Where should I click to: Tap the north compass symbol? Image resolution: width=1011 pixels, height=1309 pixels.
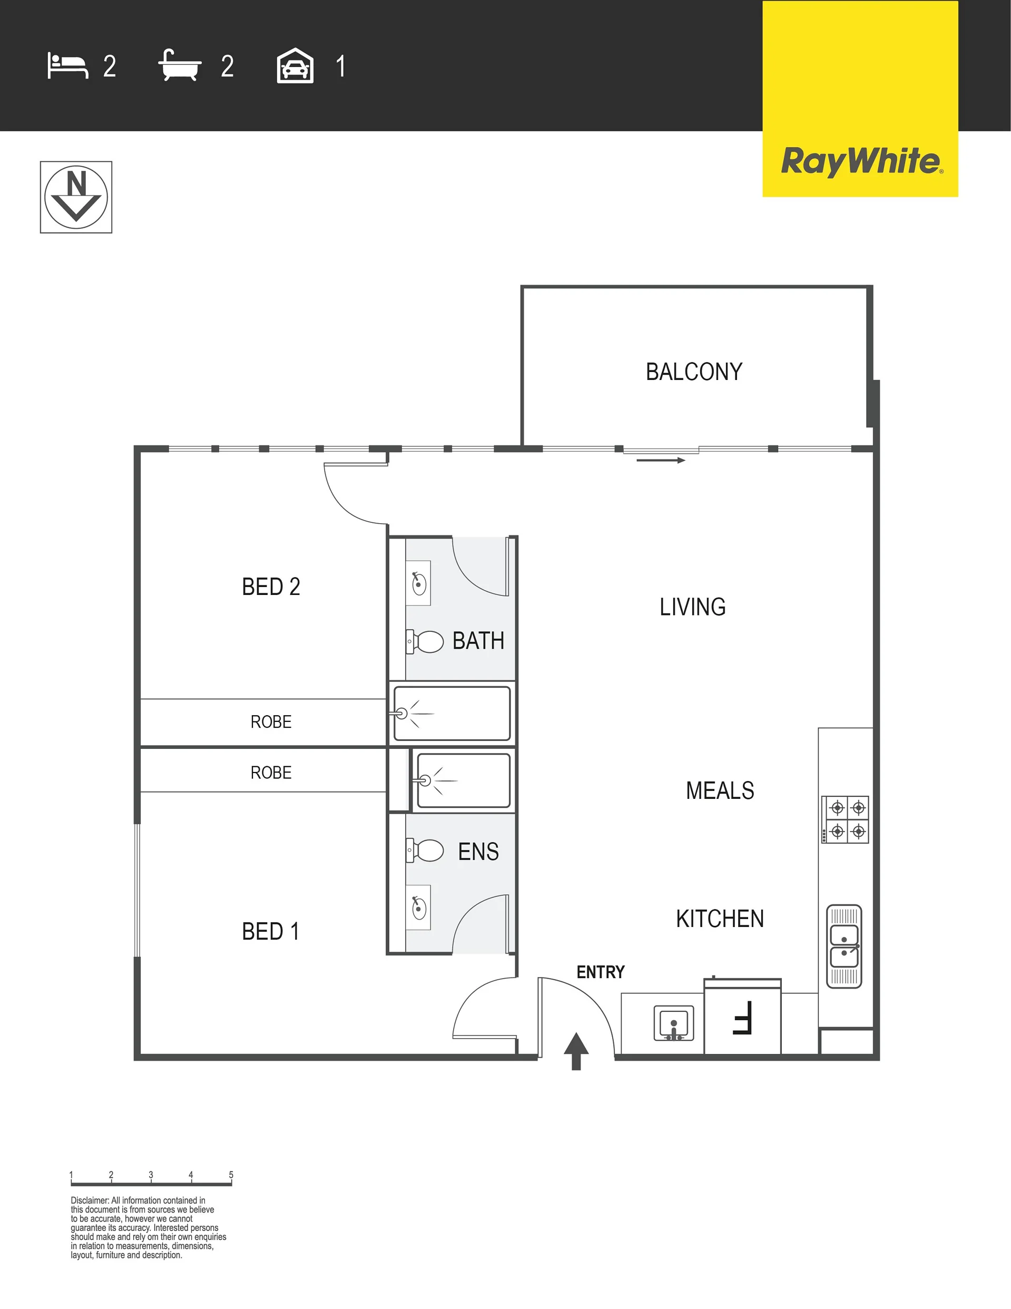pyautogui.click(x=76, y=197)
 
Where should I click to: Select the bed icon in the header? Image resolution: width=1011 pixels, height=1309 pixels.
pyautogui.click(x=68, y=66)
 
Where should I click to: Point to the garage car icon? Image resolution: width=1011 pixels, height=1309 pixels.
pyautogui.click(x=295, y=65)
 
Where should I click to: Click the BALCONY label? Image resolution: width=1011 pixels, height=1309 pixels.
pyautogui.click(x=694, y=372)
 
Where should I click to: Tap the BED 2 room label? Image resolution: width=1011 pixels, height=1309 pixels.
pyautogui.click(x=271, y=586)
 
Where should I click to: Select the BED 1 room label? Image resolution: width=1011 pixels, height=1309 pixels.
pyautogui.click(x=270, y=931)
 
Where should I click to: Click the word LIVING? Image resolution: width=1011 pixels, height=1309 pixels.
pyautogui.click(x=693, y=607)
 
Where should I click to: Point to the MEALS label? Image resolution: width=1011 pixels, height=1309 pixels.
pyautogui.click(x=720, y=790)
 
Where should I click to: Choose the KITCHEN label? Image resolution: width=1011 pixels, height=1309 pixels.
pyautogui.click(x=720, y=918)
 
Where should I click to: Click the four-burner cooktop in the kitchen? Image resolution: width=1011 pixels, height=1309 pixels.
pyautogui.click(x=845, y=819)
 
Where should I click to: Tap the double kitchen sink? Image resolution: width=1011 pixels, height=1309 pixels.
pyautogui.click(x=845, y=946)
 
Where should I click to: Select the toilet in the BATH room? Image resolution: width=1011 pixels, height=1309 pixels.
pyautogui.click(x=425, y=641)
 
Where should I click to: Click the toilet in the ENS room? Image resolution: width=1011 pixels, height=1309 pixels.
pyautogui.click(x=425, y=850)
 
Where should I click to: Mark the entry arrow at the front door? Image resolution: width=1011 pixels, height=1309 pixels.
pyautogui.click(x=576, y=1051)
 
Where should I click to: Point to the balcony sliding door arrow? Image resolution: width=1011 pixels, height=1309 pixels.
pyautogui.click(x=661, y=460)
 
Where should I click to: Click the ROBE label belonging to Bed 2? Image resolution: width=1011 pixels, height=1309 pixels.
pyautogui.click(x=271, y=721)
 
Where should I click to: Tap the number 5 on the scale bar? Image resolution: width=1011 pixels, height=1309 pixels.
pyautogui.click(x=231, y=1175)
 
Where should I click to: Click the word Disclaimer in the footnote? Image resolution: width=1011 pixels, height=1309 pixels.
pyautogui.click(x=90, y=1200)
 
